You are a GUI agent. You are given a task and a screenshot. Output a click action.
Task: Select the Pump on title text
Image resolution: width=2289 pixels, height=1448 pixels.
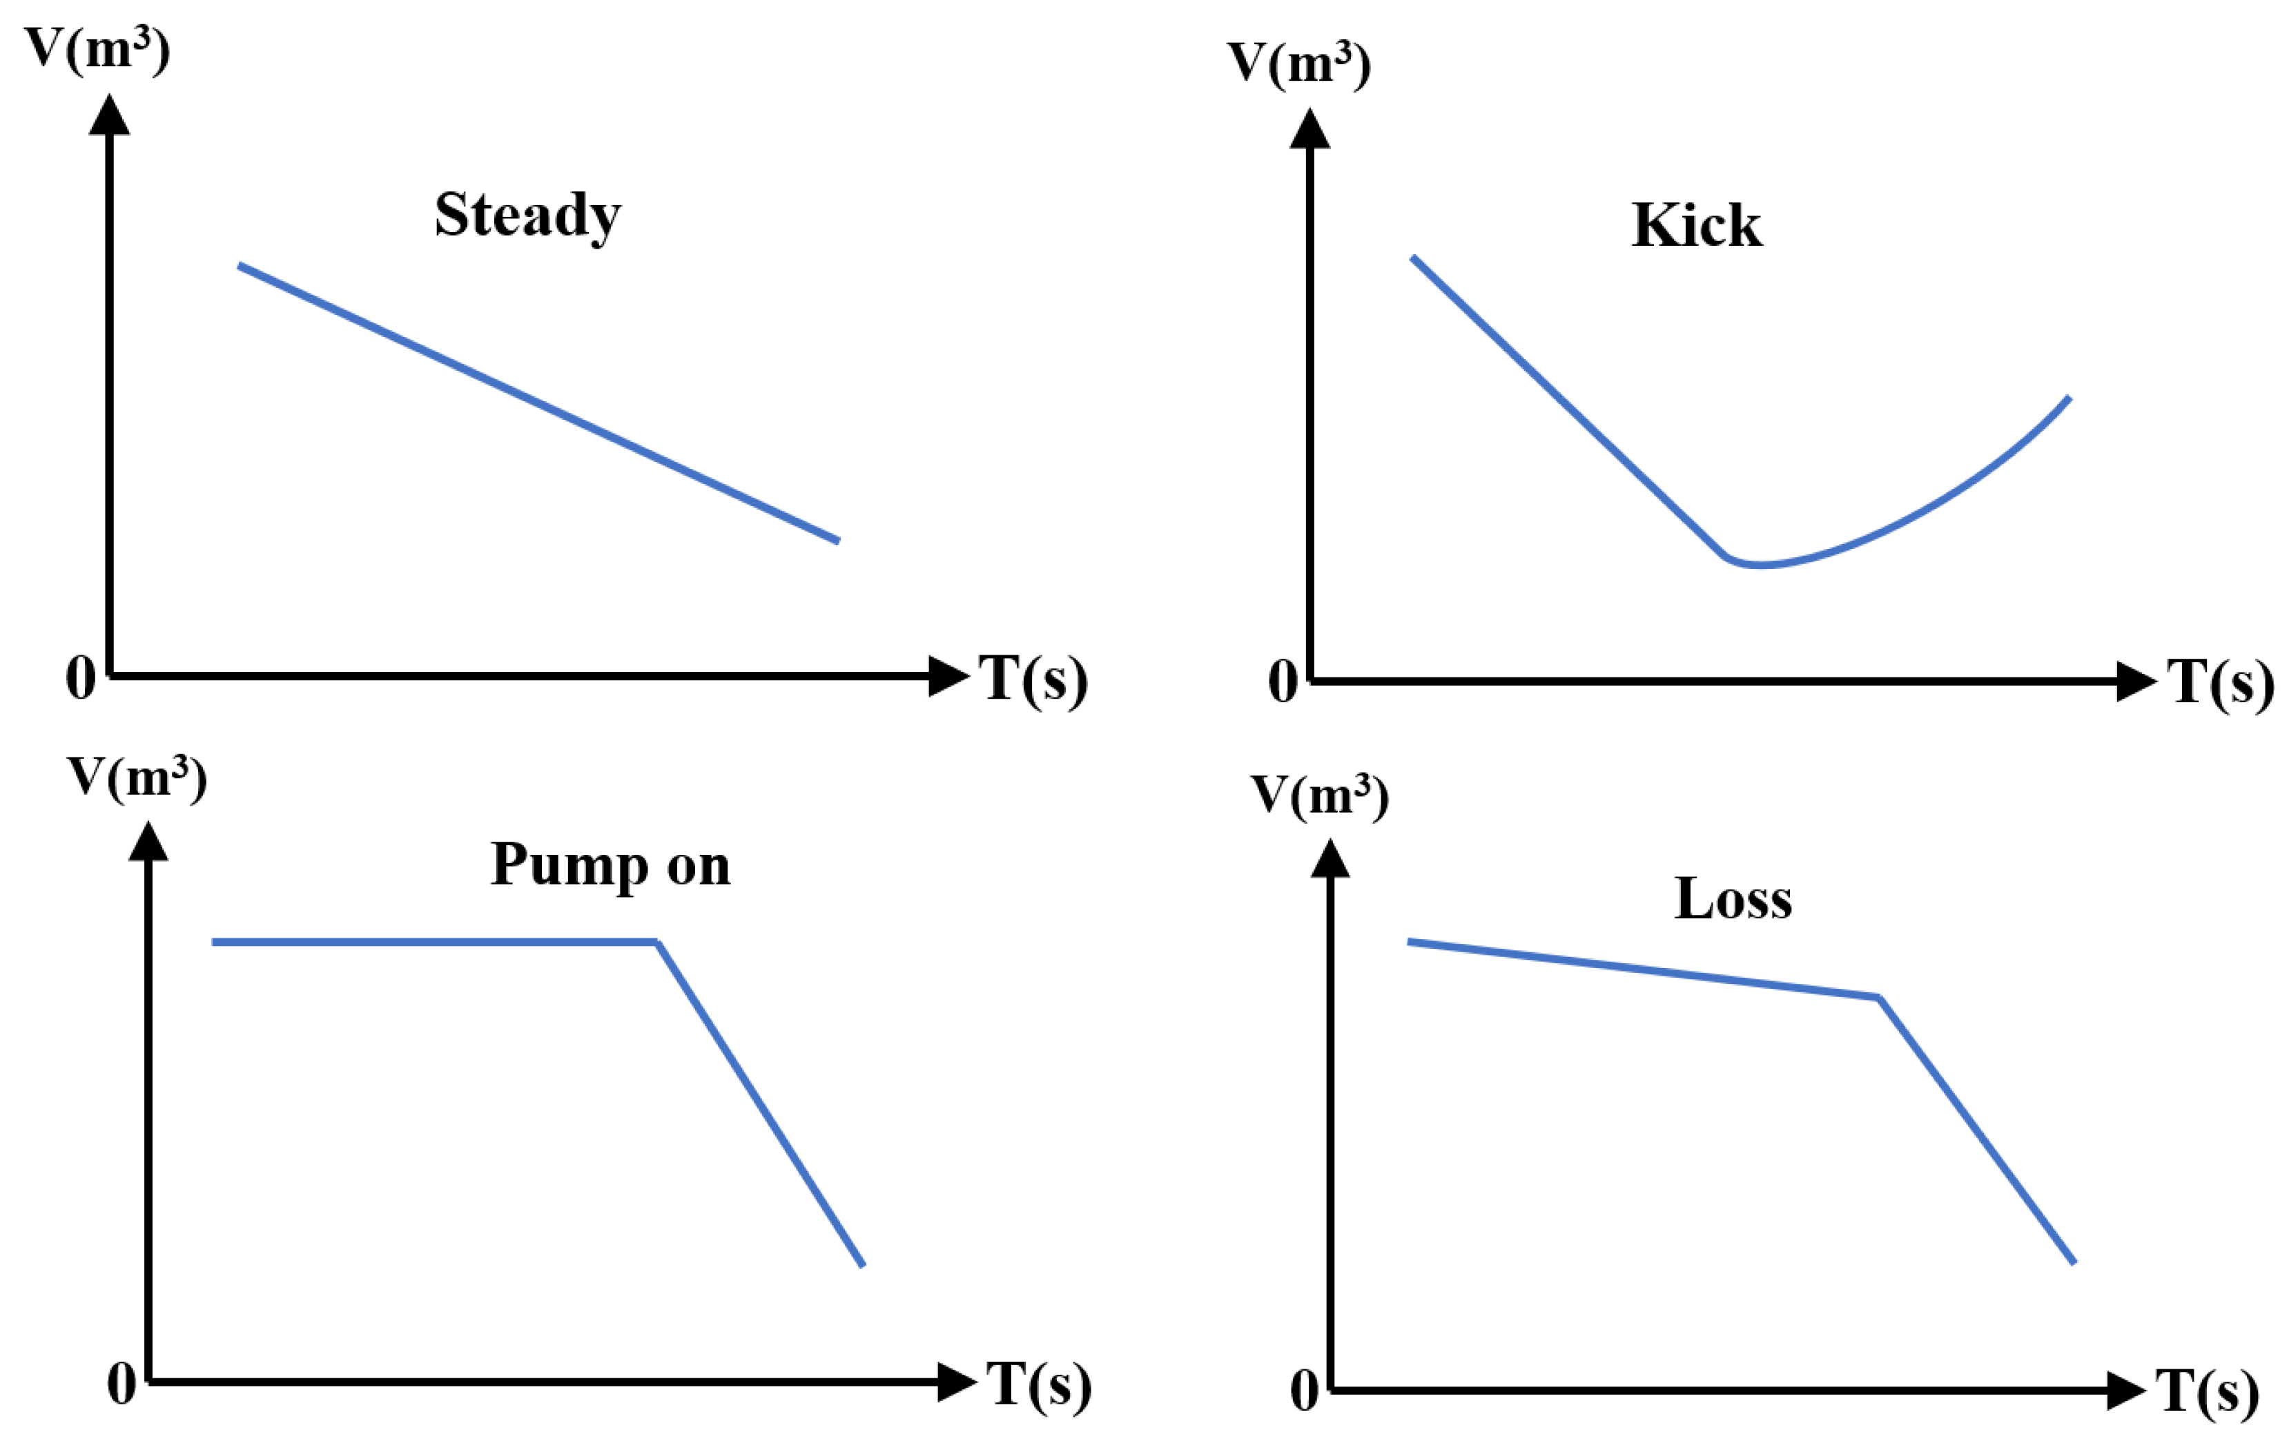[610, 865]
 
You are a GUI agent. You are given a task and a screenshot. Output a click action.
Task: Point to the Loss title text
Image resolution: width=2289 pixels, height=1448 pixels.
[1732, 898]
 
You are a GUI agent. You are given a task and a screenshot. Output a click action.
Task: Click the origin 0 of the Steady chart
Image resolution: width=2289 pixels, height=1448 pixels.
[81, 678]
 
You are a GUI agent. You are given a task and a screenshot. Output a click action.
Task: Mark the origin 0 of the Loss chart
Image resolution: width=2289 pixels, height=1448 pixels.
[1304, 1391]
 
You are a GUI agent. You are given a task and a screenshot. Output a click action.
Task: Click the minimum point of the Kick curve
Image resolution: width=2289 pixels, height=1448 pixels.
[1759, 565]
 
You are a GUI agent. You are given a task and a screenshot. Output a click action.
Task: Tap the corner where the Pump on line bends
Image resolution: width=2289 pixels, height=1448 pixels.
[657, 942]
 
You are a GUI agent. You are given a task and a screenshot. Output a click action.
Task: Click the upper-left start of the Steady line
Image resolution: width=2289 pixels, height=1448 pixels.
[240, 267]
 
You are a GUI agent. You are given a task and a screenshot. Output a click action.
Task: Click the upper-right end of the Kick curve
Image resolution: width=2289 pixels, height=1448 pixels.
[2069, 398]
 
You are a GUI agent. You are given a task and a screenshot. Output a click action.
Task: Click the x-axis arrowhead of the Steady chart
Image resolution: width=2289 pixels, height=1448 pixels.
[948, 676]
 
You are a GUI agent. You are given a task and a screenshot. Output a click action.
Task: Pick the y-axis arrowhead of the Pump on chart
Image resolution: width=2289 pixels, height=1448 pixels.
[148, 842]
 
